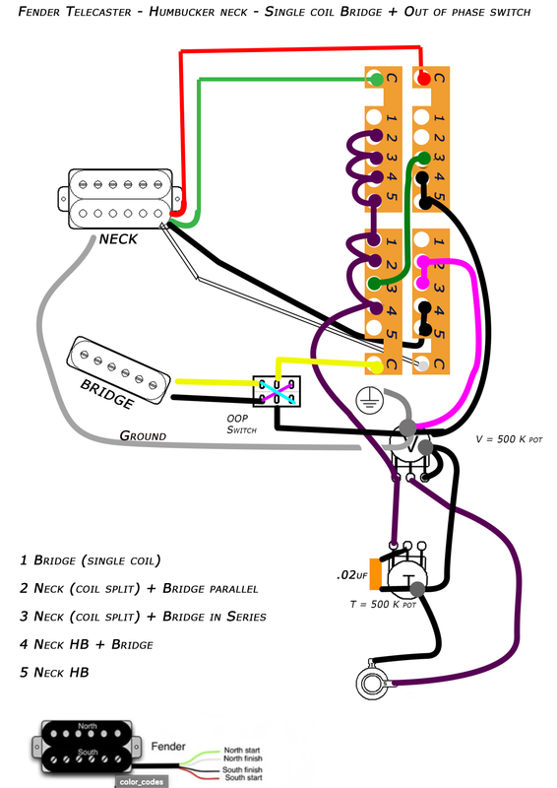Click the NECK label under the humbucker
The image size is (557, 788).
118,239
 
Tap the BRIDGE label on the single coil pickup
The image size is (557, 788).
107,393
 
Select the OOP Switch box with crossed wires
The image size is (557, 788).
277,391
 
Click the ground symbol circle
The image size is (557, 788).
370,401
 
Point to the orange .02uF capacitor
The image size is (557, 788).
375,574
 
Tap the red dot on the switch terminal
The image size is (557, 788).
424,79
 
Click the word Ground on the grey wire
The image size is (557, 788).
143,435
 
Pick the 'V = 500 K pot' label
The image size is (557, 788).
510,439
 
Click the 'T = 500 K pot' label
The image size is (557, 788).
383,604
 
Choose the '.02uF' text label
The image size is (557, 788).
352,575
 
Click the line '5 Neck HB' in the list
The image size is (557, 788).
54,673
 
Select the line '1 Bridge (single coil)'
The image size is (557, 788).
91,560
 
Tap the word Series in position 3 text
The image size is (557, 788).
246,617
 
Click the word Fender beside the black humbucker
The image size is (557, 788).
168,747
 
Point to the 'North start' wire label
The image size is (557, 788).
242,751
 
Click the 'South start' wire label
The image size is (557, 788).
244,777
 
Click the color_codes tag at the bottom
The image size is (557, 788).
141,782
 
